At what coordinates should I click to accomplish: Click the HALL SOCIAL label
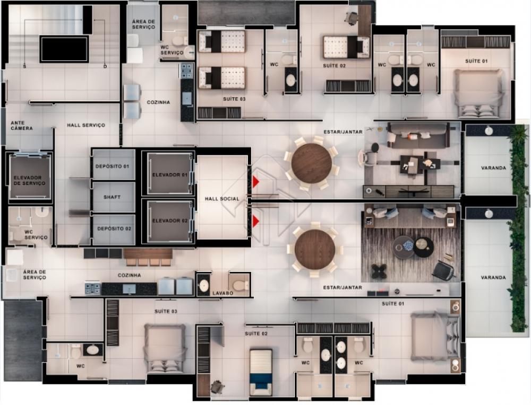(222, 199)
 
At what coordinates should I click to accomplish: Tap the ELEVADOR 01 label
(170, 175)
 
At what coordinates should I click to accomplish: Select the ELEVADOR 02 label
(170, 221)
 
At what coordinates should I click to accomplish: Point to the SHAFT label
(112, 197)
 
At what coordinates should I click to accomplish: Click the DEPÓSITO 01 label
(112, 166)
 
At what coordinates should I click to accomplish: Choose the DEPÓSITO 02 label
(114, 228)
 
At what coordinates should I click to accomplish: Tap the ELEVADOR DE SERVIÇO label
(29, 180)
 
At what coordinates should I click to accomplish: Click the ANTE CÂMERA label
(22, 126)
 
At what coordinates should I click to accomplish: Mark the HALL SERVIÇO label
(85, 125)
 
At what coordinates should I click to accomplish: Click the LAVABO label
(222, 293)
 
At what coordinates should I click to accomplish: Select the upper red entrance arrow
(256, 182)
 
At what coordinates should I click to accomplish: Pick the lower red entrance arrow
(256, 222)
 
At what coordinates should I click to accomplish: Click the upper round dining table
(311, 164)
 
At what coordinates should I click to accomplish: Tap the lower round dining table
(314, 250)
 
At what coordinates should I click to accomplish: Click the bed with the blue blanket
(261, 372)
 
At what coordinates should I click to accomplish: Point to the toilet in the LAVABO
(239, 284)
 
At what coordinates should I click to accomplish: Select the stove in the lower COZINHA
(93, 289)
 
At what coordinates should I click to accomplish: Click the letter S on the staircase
(24, 66)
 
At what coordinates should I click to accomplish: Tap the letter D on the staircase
(105, 66)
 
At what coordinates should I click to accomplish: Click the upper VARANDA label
(493, 168)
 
